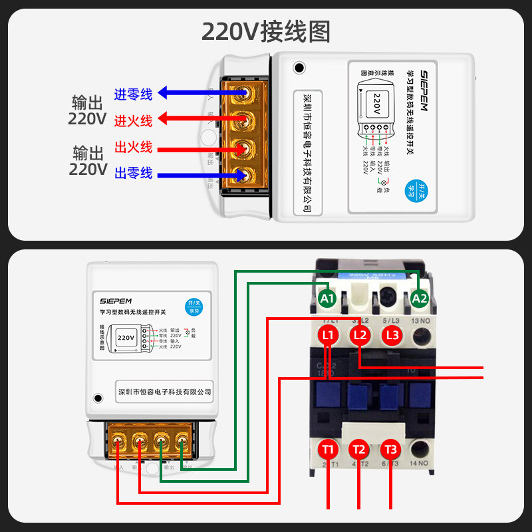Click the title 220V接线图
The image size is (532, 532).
pos(265,31)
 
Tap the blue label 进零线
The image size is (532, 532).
pos(134,94)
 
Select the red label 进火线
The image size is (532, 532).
pos(134,120)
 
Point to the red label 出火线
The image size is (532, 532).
pos(134,147)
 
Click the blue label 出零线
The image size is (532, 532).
pos(134,173)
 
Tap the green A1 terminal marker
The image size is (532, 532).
pos(327,299)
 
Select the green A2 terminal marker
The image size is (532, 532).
pos(419,299)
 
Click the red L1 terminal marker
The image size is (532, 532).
pos(328,335)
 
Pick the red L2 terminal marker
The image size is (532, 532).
pos(360,335)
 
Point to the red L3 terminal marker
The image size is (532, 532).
pos(392,335)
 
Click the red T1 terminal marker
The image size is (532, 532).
pos(328,449)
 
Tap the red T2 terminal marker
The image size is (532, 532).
pos(359,449)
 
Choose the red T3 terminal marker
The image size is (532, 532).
pos(390,449)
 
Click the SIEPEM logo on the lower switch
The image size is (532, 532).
pos(117,300)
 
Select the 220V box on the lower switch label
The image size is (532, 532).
pos(126,338)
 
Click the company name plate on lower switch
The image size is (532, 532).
pos(164,392)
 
